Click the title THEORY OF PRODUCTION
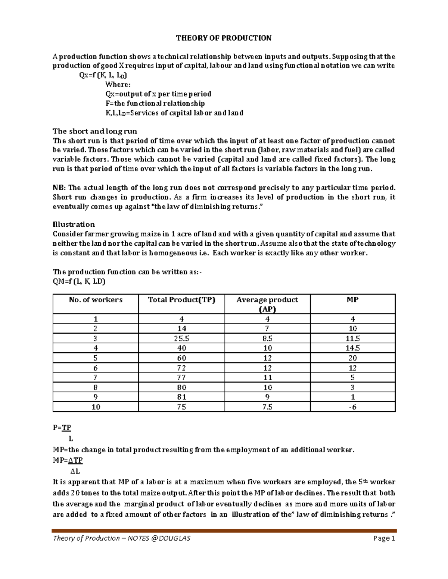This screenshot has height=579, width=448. pyautogui.click(x=224, y=38)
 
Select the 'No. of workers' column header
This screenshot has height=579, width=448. pyautogui.click(x=96, y=300)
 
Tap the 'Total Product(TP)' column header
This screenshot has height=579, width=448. pyautogui.click(x=181, y=300)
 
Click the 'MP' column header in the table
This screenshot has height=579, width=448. pyautogui.click(x=352, y=300)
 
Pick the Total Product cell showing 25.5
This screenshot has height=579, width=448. pyautogui.click(x=181, y=339)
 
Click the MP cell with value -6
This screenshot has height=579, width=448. pyautogui.click(x=352, y=407)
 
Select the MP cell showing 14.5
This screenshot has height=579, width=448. pyautogui.click(x=352, y=348)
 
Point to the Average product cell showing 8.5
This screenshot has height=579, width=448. pyautogui.click(x=267, y=339)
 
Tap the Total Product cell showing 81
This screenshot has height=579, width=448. pyautogui.click(x=181, y=397)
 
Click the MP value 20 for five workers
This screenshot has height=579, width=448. pyautogui.click(x=352, y=358)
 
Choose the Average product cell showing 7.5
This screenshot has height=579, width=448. pyautogui.click(x=267, y=407)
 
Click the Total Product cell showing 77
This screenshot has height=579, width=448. pyautogui.click(x=181, y=378)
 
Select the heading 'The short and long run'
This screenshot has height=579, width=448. pyautogui.click(x=95, y=131)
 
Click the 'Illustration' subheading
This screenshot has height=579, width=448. pyautogui.click(x=74, y=224)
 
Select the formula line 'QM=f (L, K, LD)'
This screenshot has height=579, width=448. pyautogui.click(x=79, y=281)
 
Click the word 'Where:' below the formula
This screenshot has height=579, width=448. pyautogui.click(x=118, y=85)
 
